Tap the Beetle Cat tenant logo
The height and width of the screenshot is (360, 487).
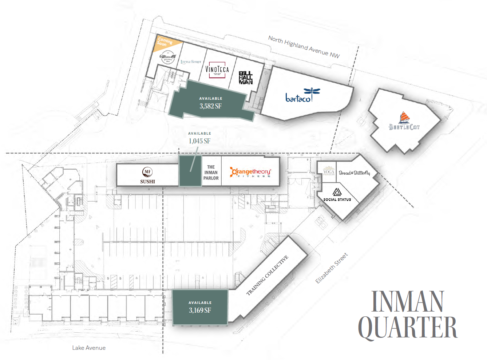tap(404, 122)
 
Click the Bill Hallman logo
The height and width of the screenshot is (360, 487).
tap(246, 78)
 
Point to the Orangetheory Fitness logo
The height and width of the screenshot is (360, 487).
tap(250, 172)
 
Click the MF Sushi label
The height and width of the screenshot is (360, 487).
tap(147, 175)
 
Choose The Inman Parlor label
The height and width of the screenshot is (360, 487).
tap(211, 173)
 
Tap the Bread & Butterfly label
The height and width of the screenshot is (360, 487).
tap(354, 173)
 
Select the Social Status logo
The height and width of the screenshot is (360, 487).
tap(337, 194)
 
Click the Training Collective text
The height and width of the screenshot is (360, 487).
tap(268, 275)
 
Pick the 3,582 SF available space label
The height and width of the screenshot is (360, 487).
tap(210, 106)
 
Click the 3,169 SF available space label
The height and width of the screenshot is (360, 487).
tap(200, 310)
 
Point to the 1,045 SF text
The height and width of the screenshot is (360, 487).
tap(199, 141)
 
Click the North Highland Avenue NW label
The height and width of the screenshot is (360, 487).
tap(304, 47)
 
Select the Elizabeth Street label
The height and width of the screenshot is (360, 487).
tap(331, 268)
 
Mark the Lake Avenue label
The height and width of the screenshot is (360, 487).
tap(89, 348)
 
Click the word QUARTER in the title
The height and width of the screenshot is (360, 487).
tap(407, 327)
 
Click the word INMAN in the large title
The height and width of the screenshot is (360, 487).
tap(407, 301)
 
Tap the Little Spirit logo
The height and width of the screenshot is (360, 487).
tap(191, 62)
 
